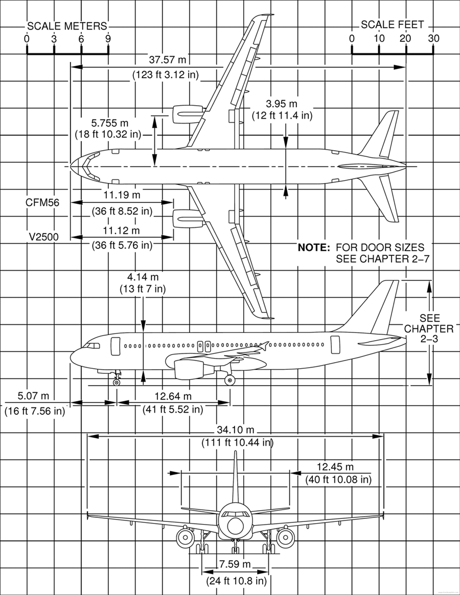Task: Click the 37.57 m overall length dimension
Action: tap(168, 60)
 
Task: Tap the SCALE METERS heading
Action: tap(67, 26)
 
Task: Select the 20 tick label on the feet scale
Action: tap(406, 38)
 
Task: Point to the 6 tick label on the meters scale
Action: tap(81, 39)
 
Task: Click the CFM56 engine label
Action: tap(42, 203)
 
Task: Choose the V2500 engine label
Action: tap(44, 237)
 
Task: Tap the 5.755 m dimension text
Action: tap(110, 123)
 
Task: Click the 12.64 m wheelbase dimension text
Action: tap(173, 396)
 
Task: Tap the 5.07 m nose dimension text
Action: tap(33, 396)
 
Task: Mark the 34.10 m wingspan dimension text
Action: tap(236, 430)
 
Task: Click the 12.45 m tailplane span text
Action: tap(335, 467)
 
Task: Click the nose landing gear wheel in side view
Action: tap(116, 383)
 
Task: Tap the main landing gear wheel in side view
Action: tap(229, 380)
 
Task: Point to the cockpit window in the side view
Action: tap(92, 346)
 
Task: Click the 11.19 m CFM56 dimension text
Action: tap(122, 195)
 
